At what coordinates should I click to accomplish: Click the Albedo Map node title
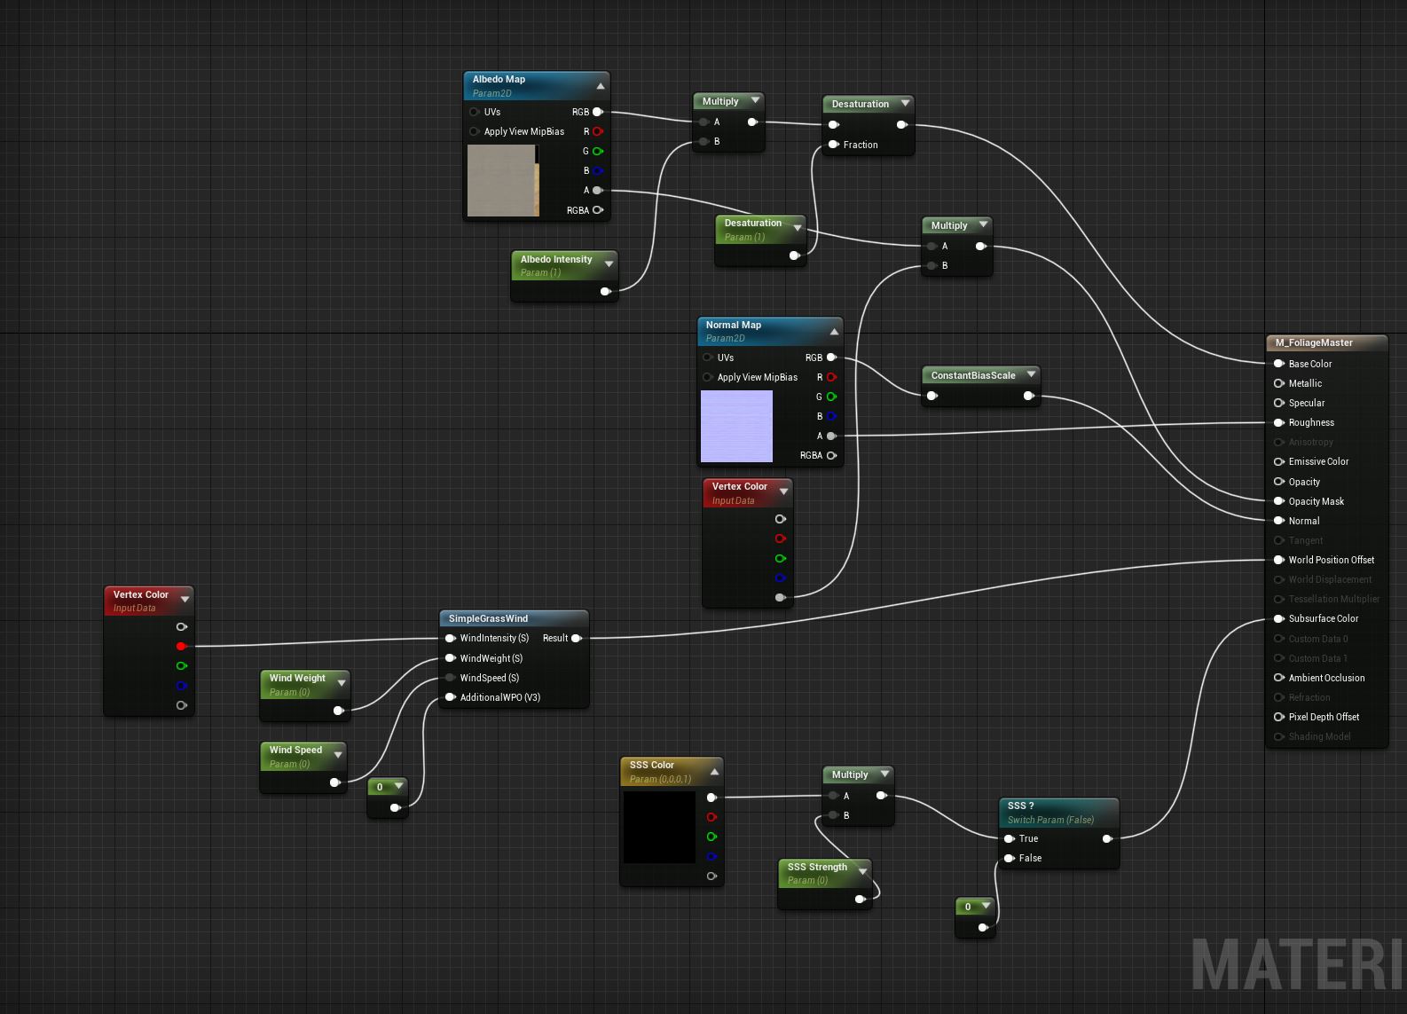point(499,79)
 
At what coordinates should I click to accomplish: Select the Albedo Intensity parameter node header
point(556,259)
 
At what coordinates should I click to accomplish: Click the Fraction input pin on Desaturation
point(834,145)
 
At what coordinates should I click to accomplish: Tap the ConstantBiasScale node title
point(973,375)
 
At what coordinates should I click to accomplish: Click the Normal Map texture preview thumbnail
point(736,426)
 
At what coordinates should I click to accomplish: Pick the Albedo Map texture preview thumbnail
point(502,181)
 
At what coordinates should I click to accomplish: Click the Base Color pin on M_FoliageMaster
point(1279,364)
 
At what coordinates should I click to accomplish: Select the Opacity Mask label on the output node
point(1316,501)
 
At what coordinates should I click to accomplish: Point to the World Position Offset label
point(1331,560)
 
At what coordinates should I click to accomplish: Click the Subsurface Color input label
point(1323,618)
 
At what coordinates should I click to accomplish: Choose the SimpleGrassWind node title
point(488,618)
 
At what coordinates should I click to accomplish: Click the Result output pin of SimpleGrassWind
point(576,638)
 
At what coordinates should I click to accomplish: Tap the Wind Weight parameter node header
point(297,678)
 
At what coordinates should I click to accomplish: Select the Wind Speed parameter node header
point(295,750)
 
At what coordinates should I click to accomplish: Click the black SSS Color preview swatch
point(659,827)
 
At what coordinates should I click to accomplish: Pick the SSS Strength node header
point(817,867)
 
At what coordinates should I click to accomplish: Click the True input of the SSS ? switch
point(1010,838)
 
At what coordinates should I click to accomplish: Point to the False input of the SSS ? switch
point(1010,858)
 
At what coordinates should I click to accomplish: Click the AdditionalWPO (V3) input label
point(499,697)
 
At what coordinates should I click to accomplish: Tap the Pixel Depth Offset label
point(1324,717)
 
